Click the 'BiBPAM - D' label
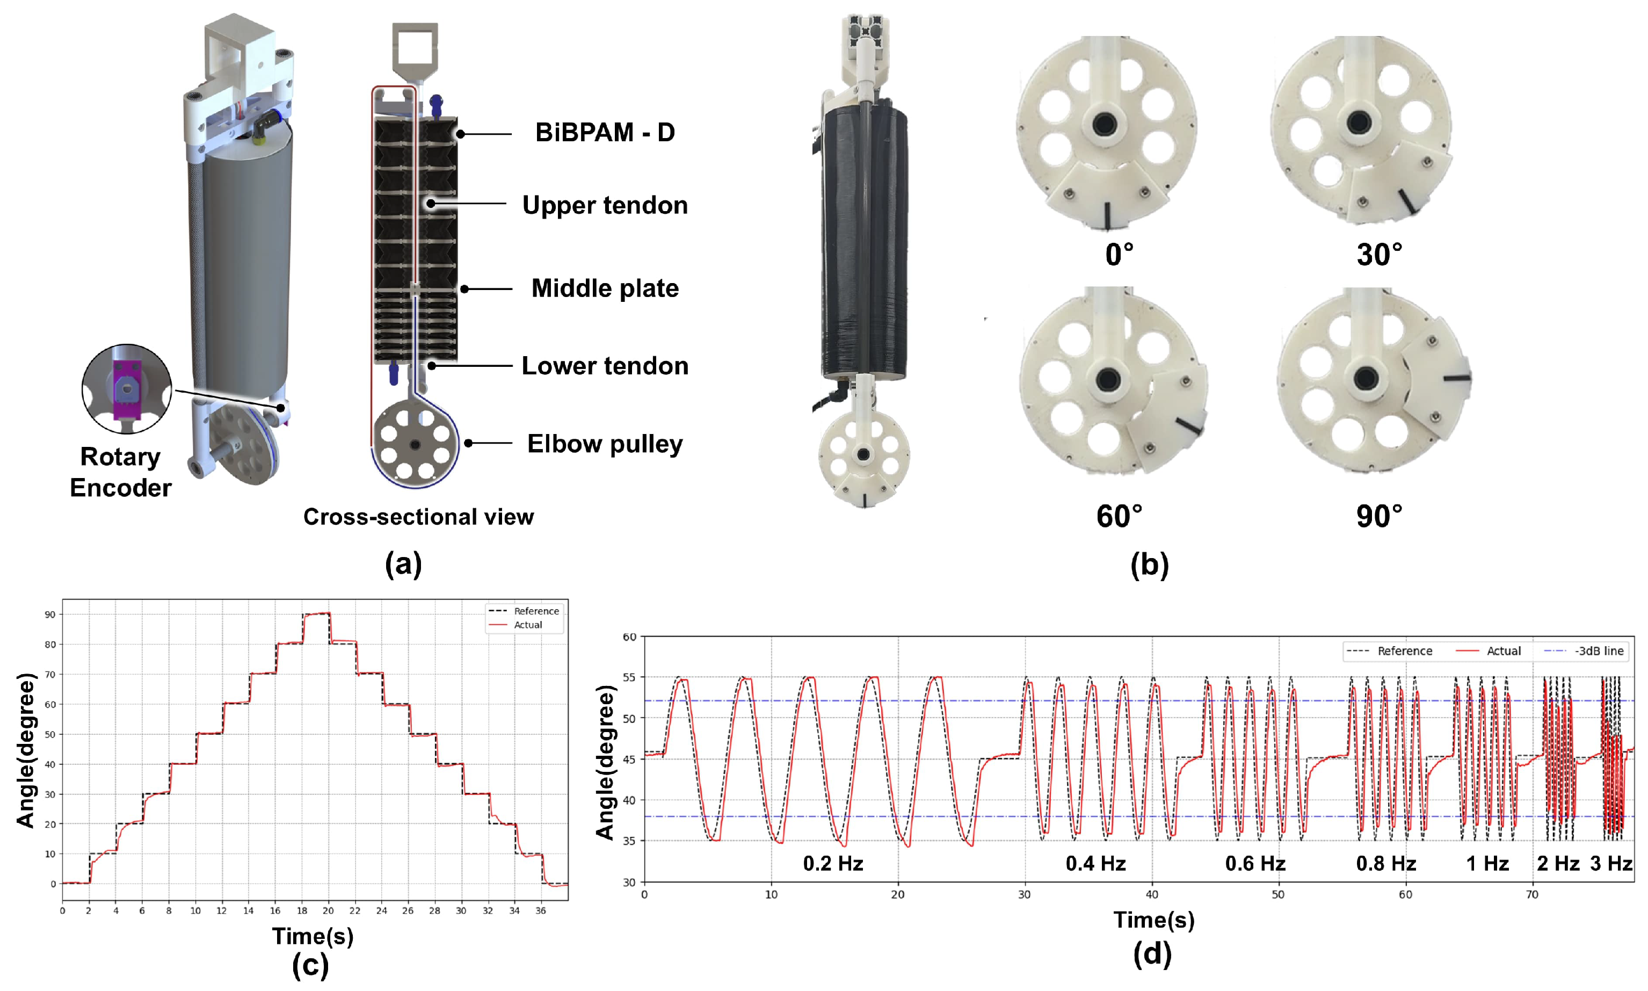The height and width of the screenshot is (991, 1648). click(605, 132)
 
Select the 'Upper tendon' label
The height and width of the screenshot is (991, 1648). click(605, 206)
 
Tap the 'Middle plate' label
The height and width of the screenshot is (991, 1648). click(605, 288)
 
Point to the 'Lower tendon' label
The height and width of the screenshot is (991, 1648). click(605, 366)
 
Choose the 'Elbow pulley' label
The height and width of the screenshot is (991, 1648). click(605, 444)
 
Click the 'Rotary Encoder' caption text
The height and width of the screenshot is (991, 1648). click(120, 472)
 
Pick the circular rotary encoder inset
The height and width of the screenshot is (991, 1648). click(127, 389)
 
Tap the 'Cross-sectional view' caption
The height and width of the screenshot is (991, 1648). click(418, 517)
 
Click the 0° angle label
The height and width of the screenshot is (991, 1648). click(1119, 255)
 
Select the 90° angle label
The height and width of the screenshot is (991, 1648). click(1379, 516)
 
